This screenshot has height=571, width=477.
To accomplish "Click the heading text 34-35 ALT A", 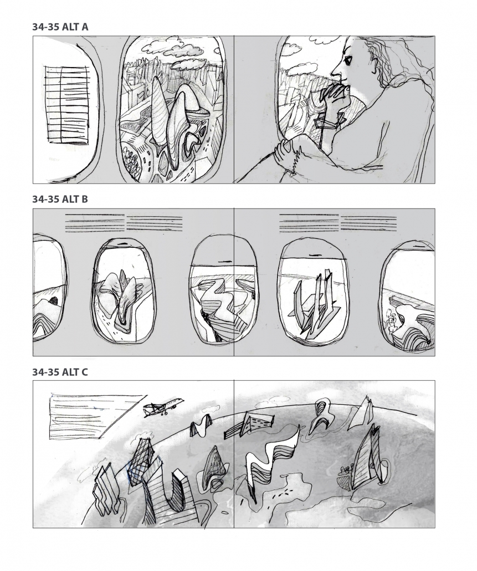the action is click(60, 27).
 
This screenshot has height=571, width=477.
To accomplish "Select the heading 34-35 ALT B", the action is click(60, 199).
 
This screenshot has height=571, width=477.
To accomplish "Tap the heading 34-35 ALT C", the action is click(60, 372).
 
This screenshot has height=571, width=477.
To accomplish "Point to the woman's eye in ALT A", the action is click(347, 61).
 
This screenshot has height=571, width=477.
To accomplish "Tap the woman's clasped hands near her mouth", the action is click(332, 95).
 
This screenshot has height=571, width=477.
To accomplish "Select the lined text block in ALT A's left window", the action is click(67, 105).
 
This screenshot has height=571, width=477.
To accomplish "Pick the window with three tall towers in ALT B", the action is click(313, 292).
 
